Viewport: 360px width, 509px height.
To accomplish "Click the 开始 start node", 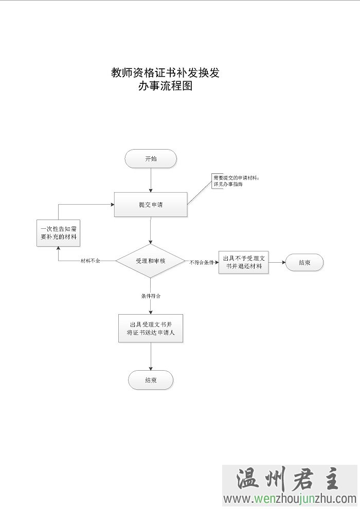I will [x=151, y=159].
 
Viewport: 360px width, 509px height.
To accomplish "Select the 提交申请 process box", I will [x=151, y=205].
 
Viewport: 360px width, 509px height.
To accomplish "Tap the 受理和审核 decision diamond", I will [x=150, y=261].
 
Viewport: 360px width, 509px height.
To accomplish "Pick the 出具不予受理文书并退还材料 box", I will [x=243, y=262].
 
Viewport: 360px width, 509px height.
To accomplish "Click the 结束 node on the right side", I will [x=304, y=262].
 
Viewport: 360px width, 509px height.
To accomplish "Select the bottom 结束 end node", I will [x=151, y=380].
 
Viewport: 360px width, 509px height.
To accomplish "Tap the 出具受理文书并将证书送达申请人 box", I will [x=151, y=329].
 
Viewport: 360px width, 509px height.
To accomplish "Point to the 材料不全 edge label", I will [x=91, y=261].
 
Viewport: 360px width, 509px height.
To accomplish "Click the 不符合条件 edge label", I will [x=202, y=262].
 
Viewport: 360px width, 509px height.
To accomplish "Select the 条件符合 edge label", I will [x=151, y=296].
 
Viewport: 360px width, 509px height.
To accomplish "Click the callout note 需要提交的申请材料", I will [x=236, y=180].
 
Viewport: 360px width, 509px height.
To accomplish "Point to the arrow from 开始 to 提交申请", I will [x=151, y=180].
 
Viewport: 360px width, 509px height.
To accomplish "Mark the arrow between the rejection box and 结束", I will [x=277, y=262].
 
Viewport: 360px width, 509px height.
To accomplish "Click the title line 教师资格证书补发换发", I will [x=165, y=73].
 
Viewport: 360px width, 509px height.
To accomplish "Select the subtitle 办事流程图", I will [x=165, y=86].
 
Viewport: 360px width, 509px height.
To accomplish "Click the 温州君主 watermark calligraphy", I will [x=289, y=480].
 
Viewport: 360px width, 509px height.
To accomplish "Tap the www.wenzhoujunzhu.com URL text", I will [x=290, y=499].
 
